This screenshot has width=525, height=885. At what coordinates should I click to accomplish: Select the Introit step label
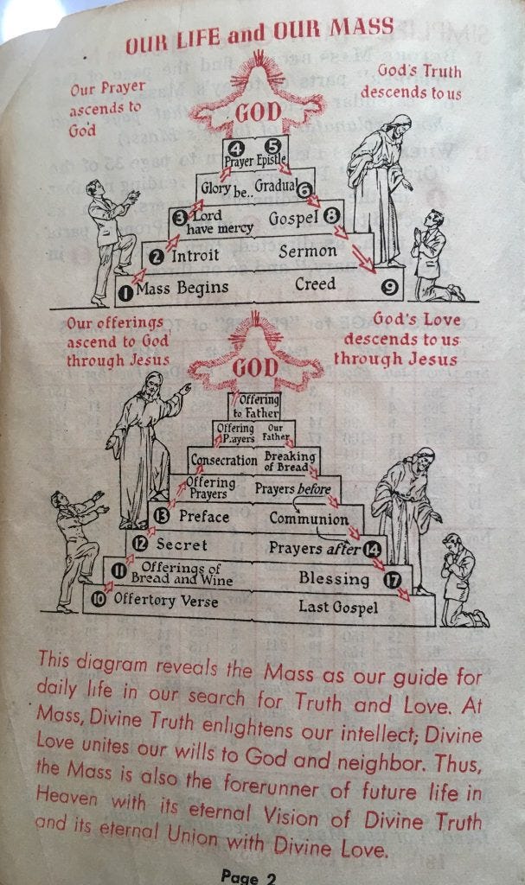tap(201, 256)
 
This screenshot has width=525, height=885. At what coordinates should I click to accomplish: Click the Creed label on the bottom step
tap(315, 283)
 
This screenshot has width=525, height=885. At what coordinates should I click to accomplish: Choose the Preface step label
tap(204, 516)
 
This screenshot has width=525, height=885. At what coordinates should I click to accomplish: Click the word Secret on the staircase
tap(182, 544)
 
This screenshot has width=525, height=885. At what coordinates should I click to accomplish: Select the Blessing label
tap(334, 577)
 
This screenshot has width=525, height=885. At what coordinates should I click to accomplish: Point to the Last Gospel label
tap(338, 607)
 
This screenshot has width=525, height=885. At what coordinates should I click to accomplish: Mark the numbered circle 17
tap(394, 579)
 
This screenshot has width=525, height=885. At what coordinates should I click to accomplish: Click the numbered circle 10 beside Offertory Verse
tap(99, 598)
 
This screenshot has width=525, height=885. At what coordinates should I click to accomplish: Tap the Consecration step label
tap(224, 461)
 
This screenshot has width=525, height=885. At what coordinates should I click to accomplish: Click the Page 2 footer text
tap(247, 876)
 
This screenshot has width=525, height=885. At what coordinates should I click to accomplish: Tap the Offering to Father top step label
tap(256, 407)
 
